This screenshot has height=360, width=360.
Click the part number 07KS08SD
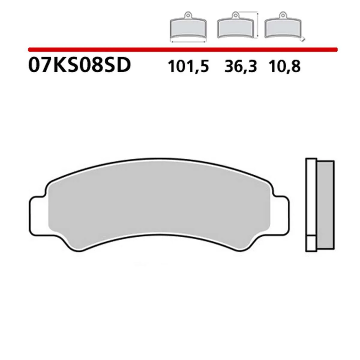pyautogui.click(x=79, y=65)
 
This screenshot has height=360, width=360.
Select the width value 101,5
pyautogui.click(x=188, y=66)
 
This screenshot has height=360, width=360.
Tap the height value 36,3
pyautogui.click(x=241, y=66)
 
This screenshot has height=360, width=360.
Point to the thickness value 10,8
pyautogui.click(x=285, y=66)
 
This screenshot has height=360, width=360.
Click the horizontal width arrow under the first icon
pyautogui.click(x=188, y=42)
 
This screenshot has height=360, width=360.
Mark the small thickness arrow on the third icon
pyautogui.click(x=303, y=39)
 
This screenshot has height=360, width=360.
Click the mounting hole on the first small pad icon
pyautogui.click(x=188, y=14)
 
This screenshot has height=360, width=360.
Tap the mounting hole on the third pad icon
pyautogui.click(x=282, y=14)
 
